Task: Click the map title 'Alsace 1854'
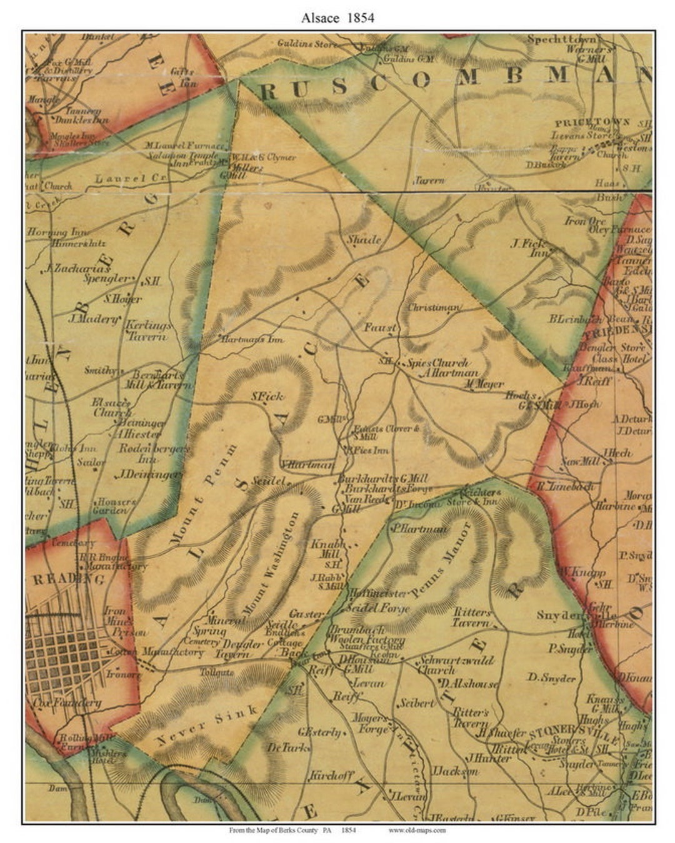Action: [337, 17]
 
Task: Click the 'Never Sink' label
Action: [207, 726]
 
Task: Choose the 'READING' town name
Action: [69, 579]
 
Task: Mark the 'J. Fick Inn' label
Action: [529, 248]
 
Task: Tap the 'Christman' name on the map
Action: [434, 308]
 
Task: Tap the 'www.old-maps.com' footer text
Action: [417, 831]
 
